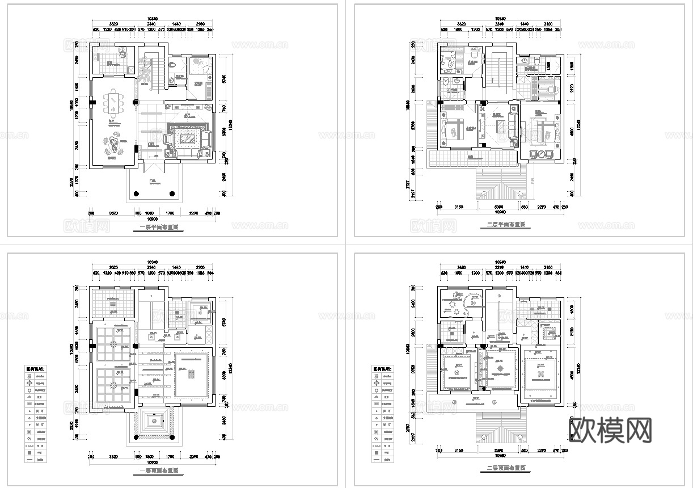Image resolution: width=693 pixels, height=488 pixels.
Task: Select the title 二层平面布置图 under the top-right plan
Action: coord(506,225)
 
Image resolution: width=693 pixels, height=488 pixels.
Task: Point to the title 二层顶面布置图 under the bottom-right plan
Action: coord(506,469)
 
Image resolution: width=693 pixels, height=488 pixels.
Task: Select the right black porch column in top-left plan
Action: coord(172,193)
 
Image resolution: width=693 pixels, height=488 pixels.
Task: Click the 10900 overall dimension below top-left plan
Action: coord(151,218)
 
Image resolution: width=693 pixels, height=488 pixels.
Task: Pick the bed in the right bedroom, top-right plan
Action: coord(542,128)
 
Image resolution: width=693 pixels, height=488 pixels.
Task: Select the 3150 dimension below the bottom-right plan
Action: coord(459,451)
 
